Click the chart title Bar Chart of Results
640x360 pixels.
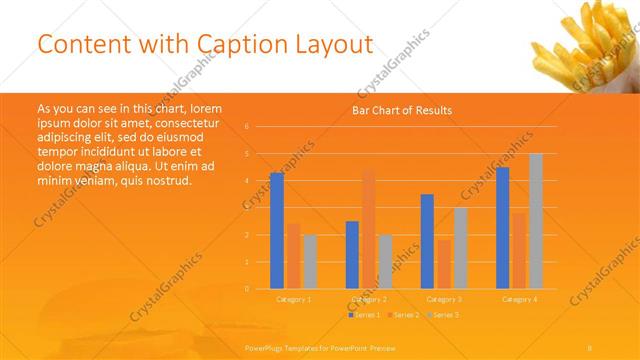coord(400,110)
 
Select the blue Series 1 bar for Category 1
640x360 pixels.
coord(277,231)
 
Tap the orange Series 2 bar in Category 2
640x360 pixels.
coord(368,230)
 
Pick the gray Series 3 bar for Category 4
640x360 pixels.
coord(536,221)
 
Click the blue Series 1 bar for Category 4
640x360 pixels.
coord(502,228)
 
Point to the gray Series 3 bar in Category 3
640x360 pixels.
coord(460,248)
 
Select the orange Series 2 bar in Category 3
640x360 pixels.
coord(444,264)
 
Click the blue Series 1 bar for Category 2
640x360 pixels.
coord(352,255)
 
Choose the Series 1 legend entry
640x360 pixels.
coord(365,315)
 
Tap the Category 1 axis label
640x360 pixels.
coord(294,299)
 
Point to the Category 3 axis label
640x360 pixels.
coord(444,299)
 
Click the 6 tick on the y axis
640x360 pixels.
coord(246,127)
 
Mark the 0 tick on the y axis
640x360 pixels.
coord(246,289)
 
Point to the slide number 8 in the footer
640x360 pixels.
coord(589,347)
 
